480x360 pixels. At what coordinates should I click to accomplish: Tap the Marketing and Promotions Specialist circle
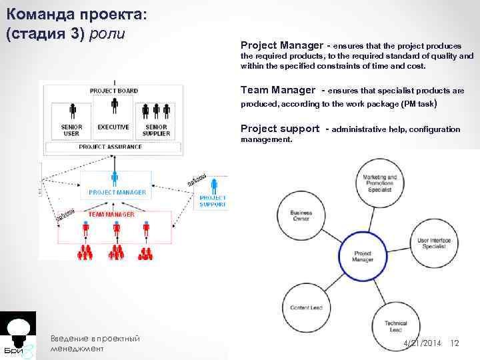[x=380, y=182]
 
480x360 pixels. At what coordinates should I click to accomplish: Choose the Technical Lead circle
[x=395, y=326]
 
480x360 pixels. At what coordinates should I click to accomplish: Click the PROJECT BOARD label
[x=114, y=90]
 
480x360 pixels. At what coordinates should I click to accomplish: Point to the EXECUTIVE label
[x=113, y=127]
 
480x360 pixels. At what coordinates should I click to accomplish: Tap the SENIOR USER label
[x=71, y=130]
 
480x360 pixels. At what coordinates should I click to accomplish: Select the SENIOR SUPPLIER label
[x=157, y=130]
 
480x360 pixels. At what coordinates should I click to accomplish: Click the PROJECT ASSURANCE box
[x=110, y=146]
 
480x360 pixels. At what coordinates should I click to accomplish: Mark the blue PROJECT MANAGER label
[x=117, y=192]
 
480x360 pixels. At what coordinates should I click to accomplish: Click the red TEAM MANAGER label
[x=111, y=215]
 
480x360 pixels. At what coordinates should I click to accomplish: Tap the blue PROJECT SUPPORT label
[x=213, y=201]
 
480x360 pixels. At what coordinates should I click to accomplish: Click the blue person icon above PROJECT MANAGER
[x=115, y=179]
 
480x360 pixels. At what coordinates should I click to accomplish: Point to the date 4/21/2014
[x=421, y=342]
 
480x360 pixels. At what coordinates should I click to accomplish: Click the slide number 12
[x=455, y=342]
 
